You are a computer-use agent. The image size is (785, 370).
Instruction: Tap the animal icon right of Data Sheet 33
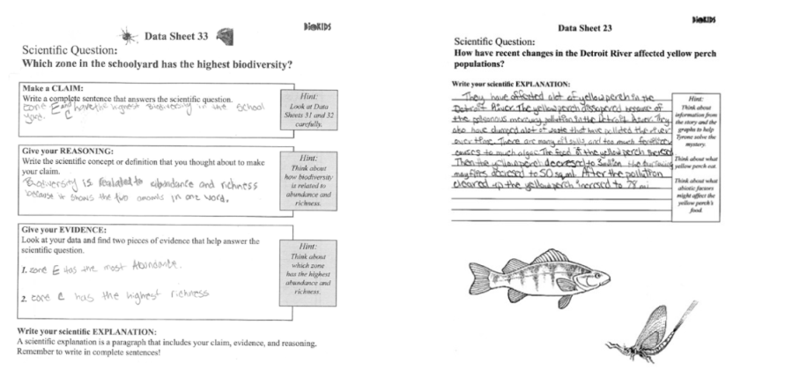(224, 34)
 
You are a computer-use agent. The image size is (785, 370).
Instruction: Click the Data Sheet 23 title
(590, 28)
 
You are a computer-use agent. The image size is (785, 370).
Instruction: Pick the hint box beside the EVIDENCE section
(299, 264)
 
